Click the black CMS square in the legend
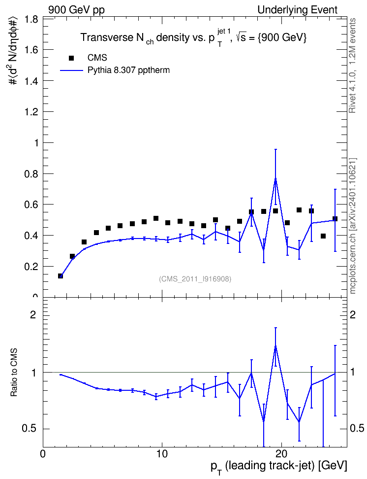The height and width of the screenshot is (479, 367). tap(71, 58)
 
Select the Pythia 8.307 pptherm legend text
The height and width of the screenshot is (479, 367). tap(128, 70)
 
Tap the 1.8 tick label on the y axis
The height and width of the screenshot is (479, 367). tap(31, 20)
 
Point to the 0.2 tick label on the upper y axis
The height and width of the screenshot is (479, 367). tap(31, 267)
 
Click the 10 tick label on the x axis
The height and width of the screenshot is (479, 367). tap(162, 454)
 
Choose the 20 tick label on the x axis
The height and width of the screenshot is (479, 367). tap(281, 454)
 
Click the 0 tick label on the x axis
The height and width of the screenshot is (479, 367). tap(43, 454)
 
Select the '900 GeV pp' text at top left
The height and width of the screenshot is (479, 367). tap(76, 10)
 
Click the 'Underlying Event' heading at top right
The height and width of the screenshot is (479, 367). tap(298, 10)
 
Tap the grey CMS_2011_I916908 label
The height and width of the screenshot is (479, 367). tap(195, 279)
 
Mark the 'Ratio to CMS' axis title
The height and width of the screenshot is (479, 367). tap(14, 373)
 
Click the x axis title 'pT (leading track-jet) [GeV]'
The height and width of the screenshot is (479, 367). tap(279, 467)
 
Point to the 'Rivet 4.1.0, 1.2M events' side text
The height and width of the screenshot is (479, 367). tap(352, 66)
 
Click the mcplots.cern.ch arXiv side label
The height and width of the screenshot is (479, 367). tap(352, 226)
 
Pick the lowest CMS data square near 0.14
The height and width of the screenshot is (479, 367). tap(61, 276)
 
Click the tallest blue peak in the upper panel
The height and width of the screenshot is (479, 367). tap(275, 179)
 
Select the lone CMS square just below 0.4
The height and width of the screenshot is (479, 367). tap(323, 236)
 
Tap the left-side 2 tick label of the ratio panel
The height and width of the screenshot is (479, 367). tap(33, 314)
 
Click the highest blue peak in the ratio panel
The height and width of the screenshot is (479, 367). tap(275, 346)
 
